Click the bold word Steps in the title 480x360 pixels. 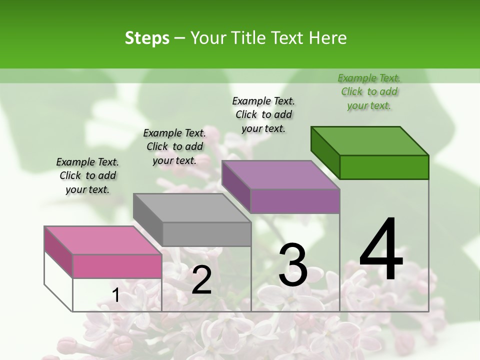[x=146, y=38]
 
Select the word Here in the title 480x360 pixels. [x=328, y=38]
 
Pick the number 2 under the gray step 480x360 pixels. [x=201, y=280]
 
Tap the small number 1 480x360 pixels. [x=116, y=295]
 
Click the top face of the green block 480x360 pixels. [x=370, y=140]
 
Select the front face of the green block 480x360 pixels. [x=384, y=167]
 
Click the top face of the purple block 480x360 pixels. [x=280, y=174]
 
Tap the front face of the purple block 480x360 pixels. [x=295, y=201]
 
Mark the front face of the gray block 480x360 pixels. [x=206, y=234]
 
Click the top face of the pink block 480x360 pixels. [x=103, y=240]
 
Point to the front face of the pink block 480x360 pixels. [x=117, y=266]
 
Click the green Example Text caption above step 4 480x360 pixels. [x=369, y=91]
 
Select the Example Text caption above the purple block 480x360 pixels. [x=263, y=114]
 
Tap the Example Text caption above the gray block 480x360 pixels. [x=174, y=146]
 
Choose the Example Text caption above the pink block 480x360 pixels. [x=87, y=175]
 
